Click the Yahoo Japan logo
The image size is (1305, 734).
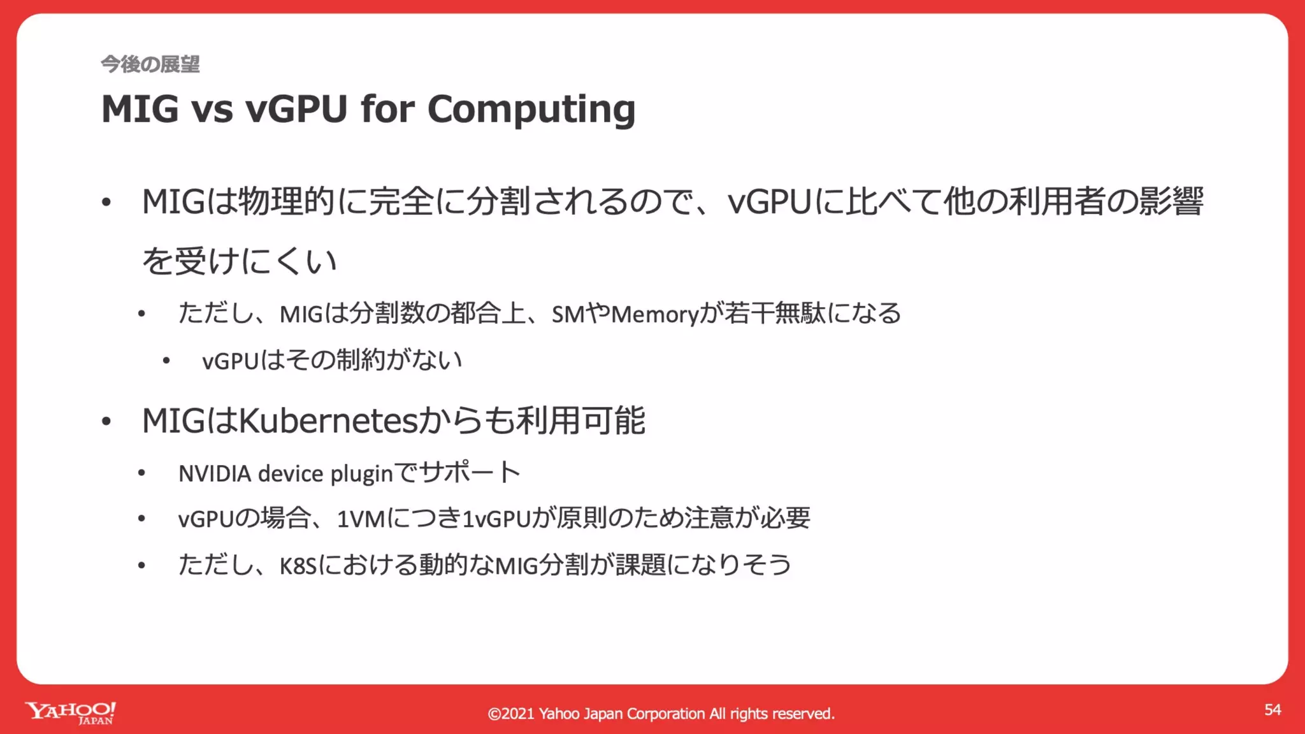(x=71, y=712)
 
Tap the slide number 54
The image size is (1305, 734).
(x=1273, y=710)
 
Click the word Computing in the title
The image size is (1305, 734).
(x=531, y=110)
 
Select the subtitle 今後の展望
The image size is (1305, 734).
(x=150, y=64)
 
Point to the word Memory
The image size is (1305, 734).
(x=655, y=314)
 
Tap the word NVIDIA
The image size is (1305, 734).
(x=215, y=474)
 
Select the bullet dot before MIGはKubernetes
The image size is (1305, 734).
(x=106, y=422)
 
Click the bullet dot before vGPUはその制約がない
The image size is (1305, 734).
(x=166, y=361)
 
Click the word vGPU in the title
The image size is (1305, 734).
(x=296, y=110)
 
